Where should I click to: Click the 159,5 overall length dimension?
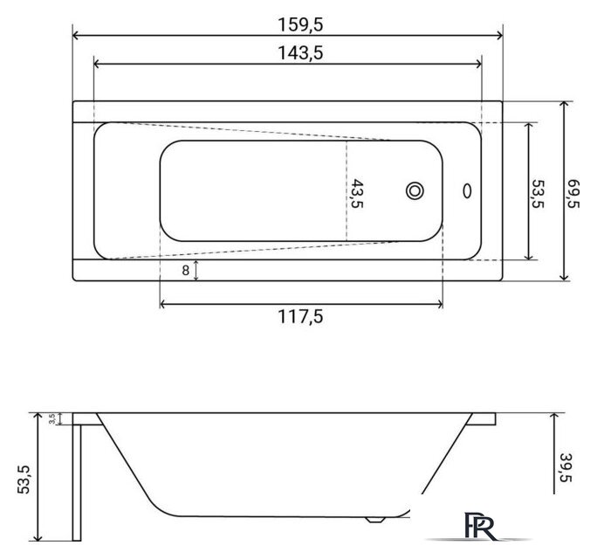[300, 24]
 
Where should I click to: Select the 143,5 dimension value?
[300, 52]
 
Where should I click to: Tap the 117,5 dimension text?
[300, 316]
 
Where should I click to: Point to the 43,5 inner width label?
[357, 194]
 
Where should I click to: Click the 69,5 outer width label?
[573, 194]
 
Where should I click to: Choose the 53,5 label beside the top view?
[538, 194]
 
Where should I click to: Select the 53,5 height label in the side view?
[24, 480]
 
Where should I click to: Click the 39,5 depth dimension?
[566, 467]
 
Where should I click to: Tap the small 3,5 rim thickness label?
[52, 418]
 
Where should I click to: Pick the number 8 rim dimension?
[185, 270]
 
